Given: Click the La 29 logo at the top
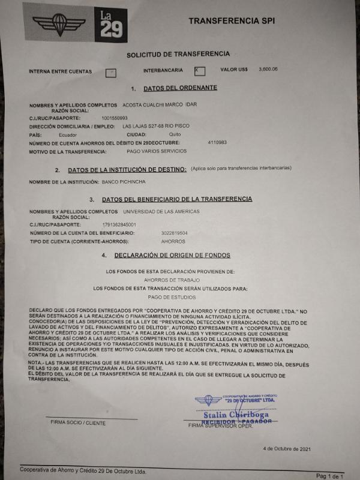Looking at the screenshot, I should pyautogui.click(x=111, y=25).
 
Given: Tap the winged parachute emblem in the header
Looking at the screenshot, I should pyautogui.click(x=59, y=23).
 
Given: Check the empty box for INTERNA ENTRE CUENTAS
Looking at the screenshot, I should pyautogui.click(x=110, y=73).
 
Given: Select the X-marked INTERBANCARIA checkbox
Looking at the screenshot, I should pyautogui.click(x=200, y=71).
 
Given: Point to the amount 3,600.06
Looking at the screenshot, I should pyautogui.click(x=268, y=70).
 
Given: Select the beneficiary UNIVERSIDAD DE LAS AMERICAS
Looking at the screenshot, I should pyautogui.click(x=161, y=212).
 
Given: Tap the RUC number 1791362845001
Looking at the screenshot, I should pyautogui.click(x=119, y=224).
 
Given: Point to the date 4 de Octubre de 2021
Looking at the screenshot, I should pyautogui.click(x=287, y=448).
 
